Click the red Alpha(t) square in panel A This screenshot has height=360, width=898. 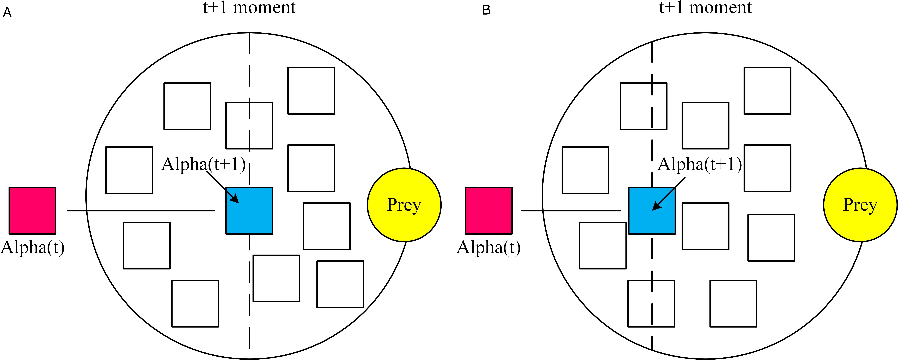tap(32, 210)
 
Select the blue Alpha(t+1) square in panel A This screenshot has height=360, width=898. tap(249, 210)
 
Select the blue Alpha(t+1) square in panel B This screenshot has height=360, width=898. tap(652, 210)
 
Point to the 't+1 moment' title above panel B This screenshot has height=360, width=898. tap(705, 7)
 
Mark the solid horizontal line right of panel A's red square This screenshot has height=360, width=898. tap(141, 210)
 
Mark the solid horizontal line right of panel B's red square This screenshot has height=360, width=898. tap(571, 210)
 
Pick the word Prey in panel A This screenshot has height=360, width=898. tap(404, 205)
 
